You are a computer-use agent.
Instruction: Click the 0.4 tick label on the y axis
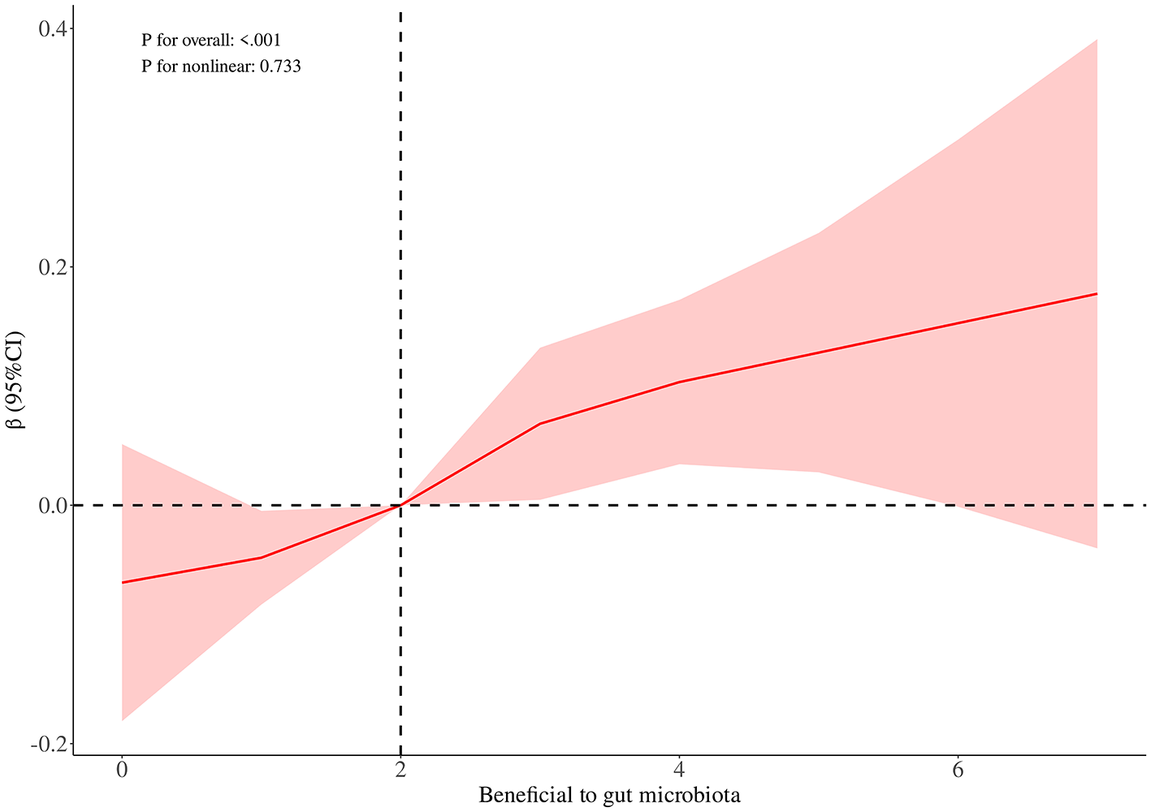(x=51, y=29)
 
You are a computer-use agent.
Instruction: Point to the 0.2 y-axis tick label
(x=51, y=267)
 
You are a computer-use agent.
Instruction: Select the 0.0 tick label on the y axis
(x=51, y=505)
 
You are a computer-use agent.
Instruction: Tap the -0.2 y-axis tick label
(x=48, y=744)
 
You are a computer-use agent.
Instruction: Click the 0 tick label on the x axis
(x=122, y=770)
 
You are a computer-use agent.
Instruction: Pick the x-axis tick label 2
(x=400, y=770)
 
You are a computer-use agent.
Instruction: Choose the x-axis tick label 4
(x=679, y=770)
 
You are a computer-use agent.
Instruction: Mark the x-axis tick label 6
(x=958, y=770)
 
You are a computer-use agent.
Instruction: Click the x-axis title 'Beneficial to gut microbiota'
(x=609, y=794)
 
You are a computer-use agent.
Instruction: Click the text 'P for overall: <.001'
(x=211, y=40)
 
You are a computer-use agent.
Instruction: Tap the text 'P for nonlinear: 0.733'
(x=221, y=67)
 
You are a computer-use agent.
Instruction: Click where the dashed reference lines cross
(x=400, y=505)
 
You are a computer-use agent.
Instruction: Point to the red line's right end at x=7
(x=1097, y=293)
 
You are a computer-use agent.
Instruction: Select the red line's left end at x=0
(x=122, y=582)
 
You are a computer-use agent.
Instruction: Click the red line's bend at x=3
(x=540, y=423)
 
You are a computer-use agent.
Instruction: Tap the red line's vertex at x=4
(x=679, y=382)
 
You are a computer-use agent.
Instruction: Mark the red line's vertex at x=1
(x=262, y=557)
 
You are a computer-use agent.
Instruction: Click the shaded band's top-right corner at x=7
(x=1097, y=39)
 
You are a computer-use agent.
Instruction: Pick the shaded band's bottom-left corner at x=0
(x=123, y=719)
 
